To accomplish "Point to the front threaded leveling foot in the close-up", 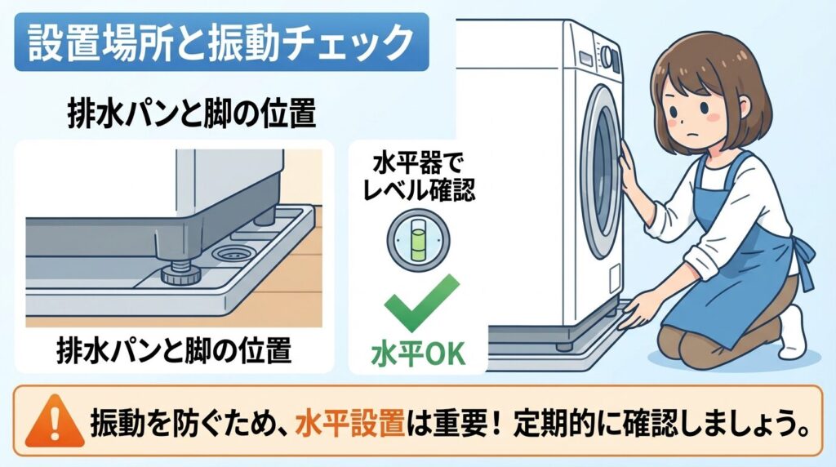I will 177,272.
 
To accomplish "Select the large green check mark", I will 418,302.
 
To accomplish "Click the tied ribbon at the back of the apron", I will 804,261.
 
